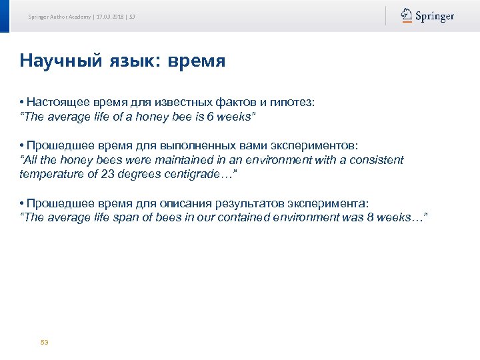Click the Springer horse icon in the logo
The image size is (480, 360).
[406, 16]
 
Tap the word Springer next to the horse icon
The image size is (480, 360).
[435, 17]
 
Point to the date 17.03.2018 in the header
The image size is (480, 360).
[110, 17]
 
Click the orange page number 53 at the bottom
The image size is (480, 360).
[45, 342]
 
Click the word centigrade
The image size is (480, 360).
[199, 174]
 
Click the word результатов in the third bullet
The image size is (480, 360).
[207, 203]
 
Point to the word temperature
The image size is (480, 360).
[50, 174]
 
